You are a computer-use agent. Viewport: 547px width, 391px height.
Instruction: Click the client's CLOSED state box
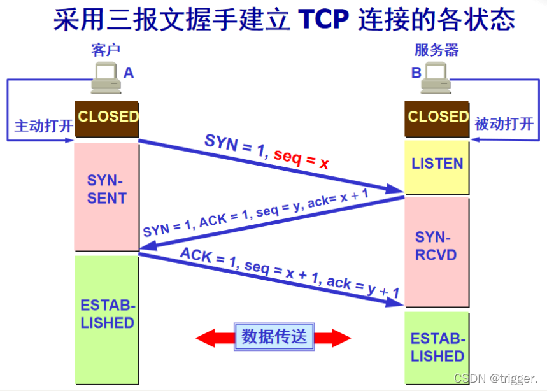(x=107, y=118)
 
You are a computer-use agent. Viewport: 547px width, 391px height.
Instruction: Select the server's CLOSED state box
(x=437, y=118)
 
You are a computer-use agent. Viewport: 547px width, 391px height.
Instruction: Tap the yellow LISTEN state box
(x=437, y=164)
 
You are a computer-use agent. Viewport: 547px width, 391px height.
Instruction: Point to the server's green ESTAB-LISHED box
(x=437, y=347)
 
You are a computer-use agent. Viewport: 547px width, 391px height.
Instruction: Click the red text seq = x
(x=301, y=159)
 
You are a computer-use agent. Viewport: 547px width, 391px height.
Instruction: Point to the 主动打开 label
(x=43, y=125)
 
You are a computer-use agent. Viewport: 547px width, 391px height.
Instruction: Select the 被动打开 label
(x=504, y=124)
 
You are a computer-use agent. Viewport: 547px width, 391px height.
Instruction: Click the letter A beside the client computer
(x=129, y=73)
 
